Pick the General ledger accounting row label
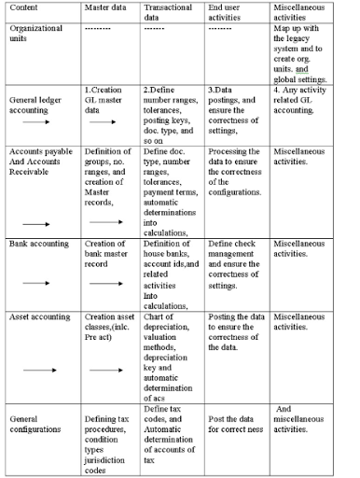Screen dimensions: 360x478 [x=37, y=103]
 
